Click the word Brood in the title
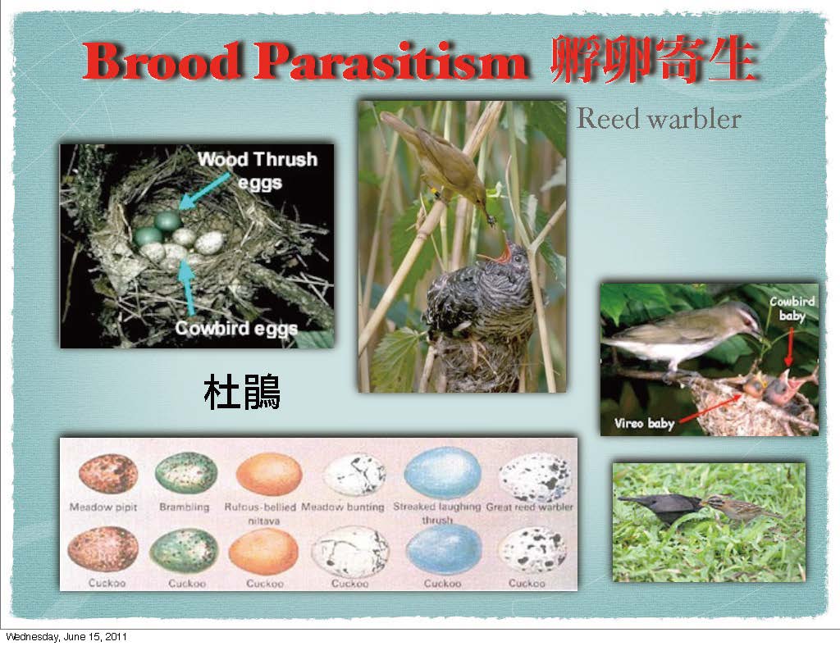coord(162,61)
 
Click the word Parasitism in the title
coord(391,61)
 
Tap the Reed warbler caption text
coord(659,119)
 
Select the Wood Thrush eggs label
coord(258,171)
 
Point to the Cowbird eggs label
coord(236,328)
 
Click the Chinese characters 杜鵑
coord(242,392)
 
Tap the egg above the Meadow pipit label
coord(108,474)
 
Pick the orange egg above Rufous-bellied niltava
coord(269,474)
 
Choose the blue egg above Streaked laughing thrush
coord(442,473)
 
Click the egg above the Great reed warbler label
coord(535,477)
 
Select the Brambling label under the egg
coord(185,507)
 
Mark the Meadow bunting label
coord(343,507)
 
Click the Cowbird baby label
coord(792,308)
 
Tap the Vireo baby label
coord(644,423)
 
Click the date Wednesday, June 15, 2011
coord(66,637)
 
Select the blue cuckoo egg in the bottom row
coord(444,549)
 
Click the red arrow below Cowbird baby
coord(789,347)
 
